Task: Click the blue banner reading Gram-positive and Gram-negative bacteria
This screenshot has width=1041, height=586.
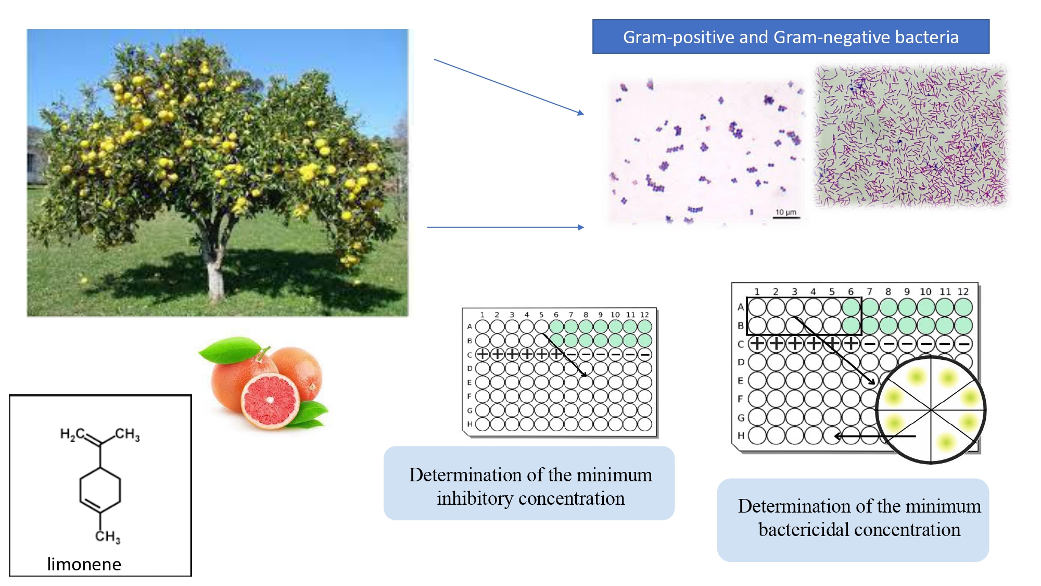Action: pos(791,37)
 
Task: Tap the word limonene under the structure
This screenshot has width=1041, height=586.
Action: pos(84,564)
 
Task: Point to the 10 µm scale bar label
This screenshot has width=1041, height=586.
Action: pos(786,212)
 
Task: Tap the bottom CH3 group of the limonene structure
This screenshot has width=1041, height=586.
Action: pos(108,536)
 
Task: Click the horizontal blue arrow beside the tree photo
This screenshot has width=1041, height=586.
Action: pos(505,227)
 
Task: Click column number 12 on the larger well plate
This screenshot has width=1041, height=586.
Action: pos(963,292)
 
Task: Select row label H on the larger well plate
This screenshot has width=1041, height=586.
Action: pos(740,435)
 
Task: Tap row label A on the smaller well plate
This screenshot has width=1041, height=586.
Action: pos(469,327)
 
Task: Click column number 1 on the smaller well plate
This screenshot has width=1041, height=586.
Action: pos(483,315)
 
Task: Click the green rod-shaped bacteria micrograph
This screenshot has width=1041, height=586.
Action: pos(911,136)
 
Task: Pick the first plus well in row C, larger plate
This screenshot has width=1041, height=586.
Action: pos(757,344)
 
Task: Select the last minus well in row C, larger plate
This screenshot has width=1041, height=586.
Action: pos(963,344)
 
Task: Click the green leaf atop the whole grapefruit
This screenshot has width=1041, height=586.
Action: pos(229,349)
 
